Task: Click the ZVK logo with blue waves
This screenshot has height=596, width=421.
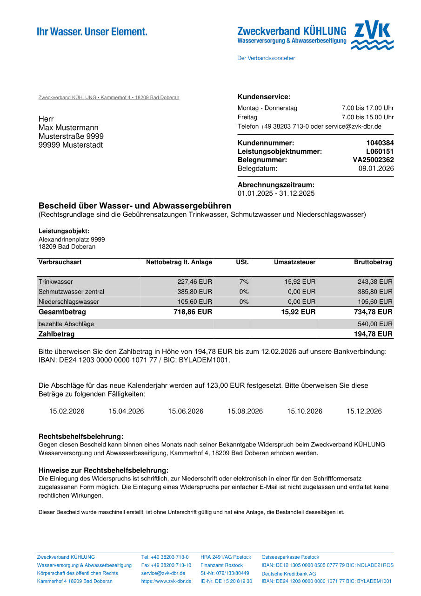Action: point(372,36)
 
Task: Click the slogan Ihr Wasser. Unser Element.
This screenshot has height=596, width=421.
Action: point(92,32)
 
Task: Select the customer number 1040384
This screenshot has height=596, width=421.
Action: point(380,143)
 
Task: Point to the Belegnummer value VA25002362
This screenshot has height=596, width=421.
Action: point(373,160)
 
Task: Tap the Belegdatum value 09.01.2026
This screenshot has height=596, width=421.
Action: point(376,168)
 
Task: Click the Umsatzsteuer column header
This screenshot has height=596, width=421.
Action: point(294,262)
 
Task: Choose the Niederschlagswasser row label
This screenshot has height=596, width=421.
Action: point(68,301)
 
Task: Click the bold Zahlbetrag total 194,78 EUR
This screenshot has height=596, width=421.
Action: point(373,334)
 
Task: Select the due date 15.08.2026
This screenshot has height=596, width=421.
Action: point(245,411)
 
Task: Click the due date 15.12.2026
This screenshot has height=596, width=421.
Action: point(364,411)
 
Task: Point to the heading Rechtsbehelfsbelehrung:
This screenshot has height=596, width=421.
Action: point(81,437)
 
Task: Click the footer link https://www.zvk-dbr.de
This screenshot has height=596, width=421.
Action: point(166,581)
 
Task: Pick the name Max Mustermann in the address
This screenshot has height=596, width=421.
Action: point(68,128)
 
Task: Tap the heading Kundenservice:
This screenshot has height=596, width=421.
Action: point(264,97)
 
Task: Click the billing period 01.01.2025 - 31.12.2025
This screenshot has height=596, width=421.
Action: point(276,193)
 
